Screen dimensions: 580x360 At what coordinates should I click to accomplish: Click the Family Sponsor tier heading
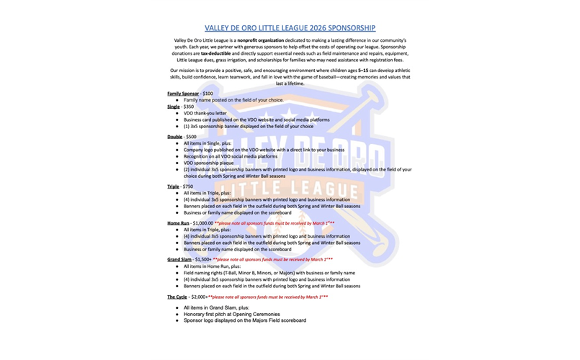[183, 94]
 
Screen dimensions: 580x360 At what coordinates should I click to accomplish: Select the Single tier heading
[174, 107]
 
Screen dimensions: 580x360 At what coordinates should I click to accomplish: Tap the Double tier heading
[175, 136]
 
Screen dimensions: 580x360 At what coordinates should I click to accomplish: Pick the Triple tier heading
[174, 186]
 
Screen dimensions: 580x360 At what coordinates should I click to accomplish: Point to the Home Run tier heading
[179, 223]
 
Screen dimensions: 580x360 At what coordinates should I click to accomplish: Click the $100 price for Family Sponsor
[208, 94]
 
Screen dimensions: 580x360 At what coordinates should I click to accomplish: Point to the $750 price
[189, 186]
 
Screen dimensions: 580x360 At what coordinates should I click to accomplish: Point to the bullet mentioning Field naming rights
[270, 273]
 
